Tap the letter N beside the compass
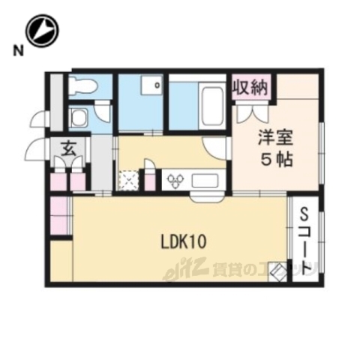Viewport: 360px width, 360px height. pyautogui.click(x=16, y=51)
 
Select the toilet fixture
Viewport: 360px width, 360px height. pyautogui.click(x=82, y=86)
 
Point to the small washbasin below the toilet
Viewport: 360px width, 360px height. pyautogui.click(x=79, y=116)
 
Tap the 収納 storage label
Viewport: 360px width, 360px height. pyautogui.click(x=250, y=87)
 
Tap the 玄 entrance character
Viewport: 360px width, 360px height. pyautogui.click(x=67, y=148)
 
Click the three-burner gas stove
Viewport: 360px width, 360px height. pyautogui.click(x=177, y=180)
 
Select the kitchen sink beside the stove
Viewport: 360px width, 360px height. pyautogui.click(x=204, y=180)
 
